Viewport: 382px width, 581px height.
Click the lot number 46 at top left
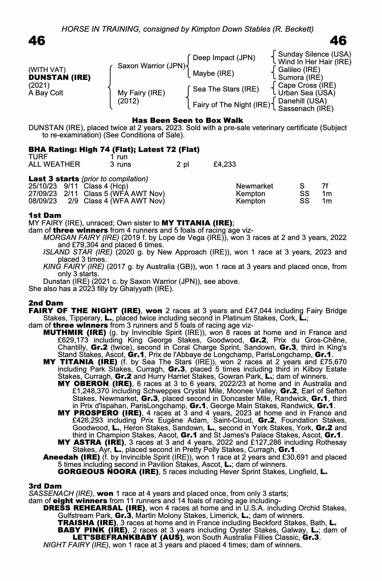pyautogui.click(x=37, y=41)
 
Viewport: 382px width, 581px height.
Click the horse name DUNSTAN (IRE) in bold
pyautogui.click(x=60, y=78)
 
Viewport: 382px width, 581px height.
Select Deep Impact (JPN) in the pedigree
pyautogui.click(x=224, y=58)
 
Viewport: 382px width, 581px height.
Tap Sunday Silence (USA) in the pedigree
pyautogui.click(x=315, y=54)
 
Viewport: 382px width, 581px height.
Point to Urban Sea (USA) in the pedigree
pyautogui.click(x=307, y=93)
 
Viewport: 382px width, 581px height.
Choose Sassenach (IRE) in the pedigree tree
pyautogui.click(x=306, y=109)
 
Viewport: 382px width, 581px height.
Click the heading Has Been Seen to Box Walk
pyautogui.click(x=188, y=120)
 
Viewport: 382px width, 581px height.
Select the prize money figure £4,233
pyautogui.click(x=224, y=164)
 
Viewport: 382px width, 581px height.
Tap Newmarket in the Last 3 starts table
pyautogui.click(x=255, y=186)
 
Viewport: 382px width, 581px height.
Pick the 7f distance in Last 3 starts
pyautogui.click(x=325, y=186)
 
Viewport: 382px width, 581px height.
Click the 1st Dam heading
pyautogui.click(x=45, y=216)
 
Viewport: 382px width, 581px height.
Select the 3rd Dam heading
pyautogui.click(x=45, y=486)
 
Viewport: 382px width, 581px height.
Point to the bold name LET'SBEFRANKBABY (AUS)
pyautogui.click(x=128, y=537)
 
